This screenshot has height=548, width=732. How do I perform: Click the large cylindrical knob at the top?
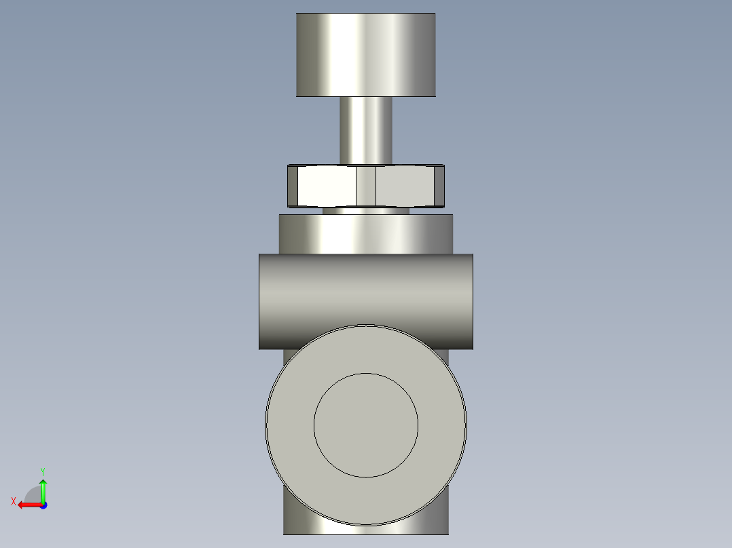point(365,54)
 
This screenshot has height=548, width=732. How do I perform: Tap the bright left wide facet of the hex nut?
point(326,186)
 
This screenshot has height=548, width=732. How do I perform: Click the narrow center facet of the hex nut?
point(366,186)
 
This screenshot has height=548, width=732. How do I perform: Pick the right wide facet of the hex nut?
point(404,186)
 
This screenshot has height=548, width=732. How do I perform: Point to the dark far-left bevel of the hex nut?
point(292,186)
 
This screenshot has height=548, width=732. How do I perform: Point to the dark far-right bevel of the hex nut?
point(439,186)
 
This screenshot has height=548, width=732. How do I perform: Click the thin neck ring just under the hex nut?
point(366,211)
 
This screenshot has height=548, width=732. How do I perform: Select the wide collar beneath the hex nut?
point(366,234)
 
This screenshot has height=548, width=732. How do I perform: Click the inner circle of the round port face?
point(366,425)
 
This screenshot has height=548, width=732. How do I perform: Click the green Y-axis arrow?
point(43,488)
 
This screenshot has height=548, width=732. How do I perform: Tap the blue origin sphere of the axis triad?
point(43,505)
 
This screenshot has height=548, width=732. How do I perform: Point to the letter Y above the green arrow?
point(42,471)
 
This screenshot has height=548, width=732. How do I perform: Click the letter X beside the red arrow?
point(14,501)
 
